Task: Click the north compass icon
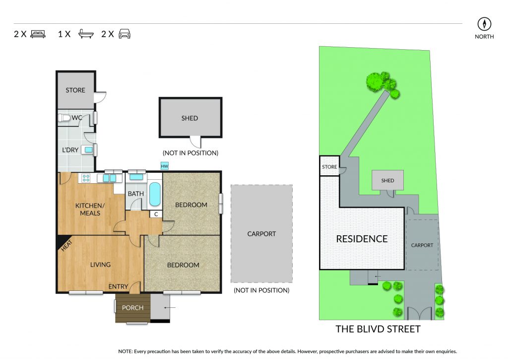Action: click(x=484, y=24)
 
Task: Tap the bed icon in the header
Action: click(x=38, y=34)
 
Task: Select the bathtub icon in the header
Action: click(x=86, y=34)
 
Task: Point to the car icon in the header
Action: click(x=125, y=34)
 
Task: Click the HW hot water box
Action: click(x=165, y=166)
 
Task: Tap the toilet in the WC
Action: click(x=64, y=118)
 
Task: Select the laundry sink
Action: click(x=88, y=150)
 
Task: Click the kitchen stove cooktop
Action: click(x=86, y=178)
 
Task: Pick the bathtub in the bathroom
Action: click(x=155, y=194)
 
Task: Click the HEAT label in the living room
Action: click(x=66, y=245)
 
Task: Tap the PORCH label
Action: click(x=132, y=308)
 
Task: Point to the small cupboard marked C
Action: click(x=156, y=215)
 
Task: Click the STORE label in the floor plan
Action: click(x=75, y=90)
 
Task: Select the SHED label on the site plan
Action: click(x=387, y=181)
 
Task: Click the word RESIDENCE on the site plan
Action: click(x=362, y=239)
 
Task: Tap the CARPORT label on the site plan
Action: click(x=422, y=245)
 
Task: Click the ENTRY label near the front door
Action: click(x=118, y=287)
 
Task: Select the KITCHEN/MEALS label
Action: click(x=90, y=209)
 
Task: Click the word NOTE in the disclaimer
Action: click(x=125, y=351)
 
